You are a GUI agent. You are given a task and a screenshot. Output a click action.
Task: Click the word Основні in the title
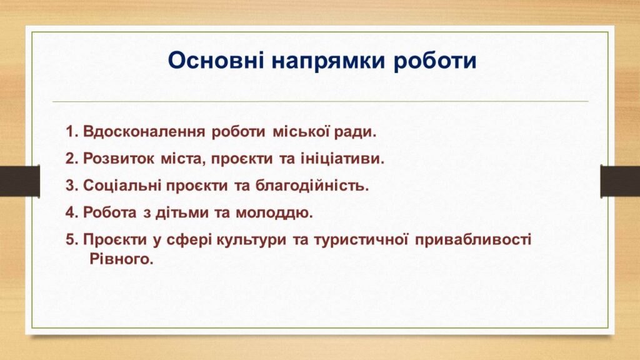(x=216, y=61)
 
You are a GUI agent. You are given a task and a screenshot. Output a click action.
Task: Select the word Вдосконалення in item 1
(x=144, y=132)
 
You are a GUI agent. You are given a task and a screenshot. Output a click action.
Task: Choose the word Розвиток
(x=119, y=159)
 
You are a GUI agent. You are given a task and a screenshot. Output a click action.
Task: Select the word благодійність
(x=312, y=186)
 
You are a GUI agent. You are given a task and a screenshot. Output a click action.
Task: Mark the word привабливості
(x=474, y=239)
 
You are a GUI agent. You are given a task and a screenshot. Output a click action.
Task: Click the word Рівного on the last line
(x=121, y=259)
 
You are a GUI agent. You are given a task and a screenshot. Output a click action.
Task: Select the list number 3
(x=72, y=186)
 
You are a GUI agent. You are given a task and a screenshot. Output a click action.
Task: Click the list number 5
(x=72, y=239)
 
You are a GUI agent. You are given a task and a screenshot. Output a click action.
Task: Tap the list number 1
(x=72, y=132)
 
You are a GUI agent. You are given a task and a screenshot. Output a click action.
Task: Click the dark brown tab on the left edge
(x=20, y=181)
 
